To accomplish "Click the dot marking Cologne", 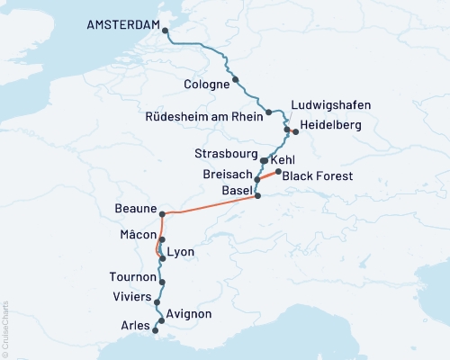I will [235, 79].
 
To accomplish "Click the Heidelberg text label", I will [335, 125].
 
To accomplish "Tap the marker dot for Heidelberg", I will [295, 131].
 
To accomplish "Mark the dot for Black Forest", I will [278, 172].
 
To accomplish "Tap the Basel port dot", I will [257, 195].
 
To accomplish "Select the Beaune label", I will [135, 208].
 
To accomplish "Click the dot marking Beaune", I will [162, 214].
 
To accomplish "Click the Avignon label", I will [189, 313].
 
